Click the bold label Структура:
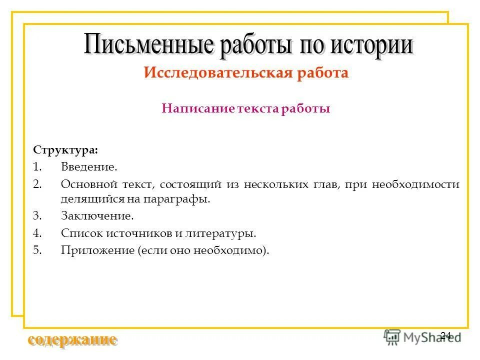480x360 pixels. [65, 150]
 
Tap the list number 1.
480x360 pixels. [36, 167]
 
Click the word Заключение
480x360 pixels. [97, 216]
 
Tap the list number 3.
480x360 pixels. [36, 216]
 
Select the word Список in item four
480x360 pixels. [79, 233]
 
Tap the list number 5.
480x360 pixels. [36, 250]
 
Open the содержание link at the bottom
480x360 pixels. [73, 340]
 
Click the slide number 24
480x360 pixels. [445, 335]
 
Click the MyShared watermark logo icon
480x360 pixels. [392, 336]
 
